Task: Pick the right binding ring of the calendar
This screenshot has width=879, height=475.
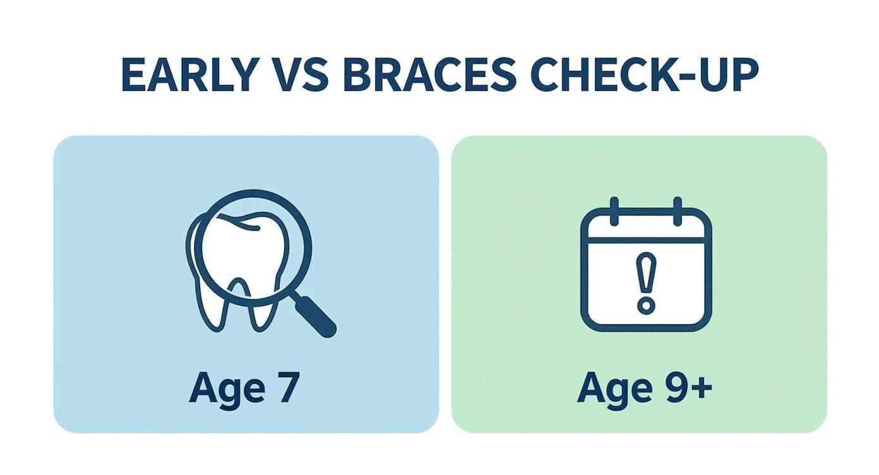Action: tap(678, 211)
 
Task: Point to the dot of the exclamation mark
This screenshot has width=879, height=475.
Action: tap(645, 306)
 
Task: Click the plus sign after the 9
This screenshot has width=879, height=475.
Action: tap(701, 387)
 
